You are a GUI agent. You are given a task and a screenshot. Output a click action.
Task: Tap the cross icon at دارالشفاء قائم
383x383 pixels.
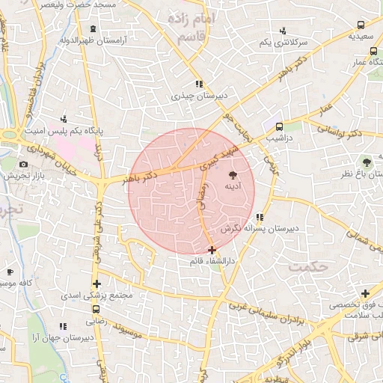(x=212, y=250)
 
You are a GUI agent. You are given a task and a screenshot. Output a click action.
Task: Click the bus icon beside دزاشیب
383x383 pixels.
(x=278, y=126)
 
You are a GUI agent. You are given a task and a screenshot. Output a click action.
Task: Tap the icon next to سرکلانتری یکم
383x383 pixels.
(x=282, y=31)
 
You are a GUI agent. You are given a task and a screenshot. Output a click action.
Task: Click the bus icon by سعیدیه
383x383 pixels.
(x=372, y=52)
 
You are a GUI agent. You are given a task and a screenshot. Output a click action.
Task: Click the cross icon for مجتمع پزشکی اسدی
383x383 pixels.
(x=96, y=283)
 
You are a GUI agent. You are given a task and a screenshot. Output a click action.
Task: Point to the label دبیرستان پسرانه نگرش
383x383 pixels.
(x=260, y=227)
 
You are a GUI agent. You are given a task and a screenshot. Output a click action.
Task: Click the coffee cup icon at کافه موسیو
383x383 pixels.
(x=10, y=272)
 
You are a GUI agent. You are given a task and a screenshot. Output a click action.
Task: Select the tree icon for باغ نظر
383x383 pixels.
(x=367, y=162)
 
